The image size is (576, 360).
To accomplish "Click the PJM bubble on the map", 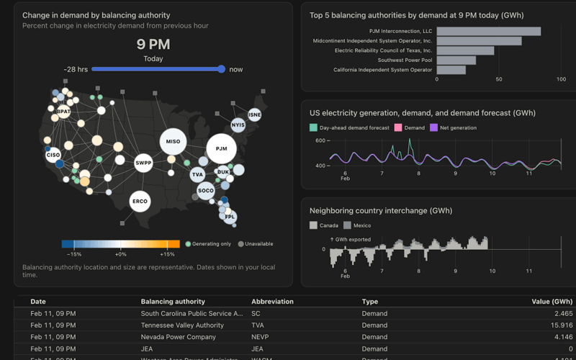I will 221,149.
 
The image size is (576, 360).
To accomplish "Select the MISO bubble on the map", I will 173,142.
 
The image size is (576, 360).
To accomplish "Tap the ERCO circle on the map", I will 140,202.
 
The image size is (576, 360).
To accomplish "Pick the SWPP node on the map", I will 143,163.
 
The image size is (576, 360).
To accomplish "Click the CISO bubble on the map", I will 53,155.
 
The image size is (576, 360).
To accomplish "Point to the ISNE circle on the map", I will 254,115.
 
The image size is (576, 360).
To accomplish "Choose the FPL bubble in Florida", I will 230,217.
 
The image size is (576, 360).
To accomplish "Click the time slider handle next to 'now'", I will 221,69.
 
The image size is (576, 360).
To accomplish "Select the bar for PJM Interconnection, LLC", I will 488,31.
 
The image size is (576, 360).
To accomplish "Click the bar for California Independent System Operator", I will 451,70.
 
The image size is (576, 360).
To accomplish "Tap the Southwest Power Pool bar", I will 456,60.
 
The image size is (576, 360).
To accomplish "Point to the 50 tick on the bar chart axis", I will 499,79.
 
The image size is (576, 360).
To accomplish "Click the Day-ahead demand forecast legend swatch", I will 313,128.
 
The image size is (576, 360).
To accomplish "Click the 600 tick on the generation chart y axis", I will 320,141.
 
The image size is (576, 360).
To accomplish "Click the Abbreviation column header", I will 271,302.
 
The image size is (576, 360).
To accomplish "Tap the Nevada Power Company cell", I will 178,337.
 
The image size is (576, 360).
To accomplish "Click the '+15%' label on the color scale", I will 167,254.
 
